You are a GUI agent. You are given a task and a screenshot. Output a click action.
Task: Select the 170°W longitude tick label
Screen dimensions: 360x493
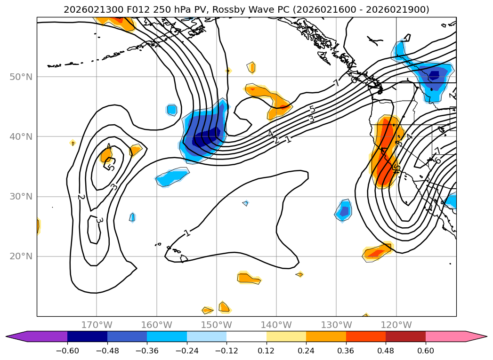tap(97, 325)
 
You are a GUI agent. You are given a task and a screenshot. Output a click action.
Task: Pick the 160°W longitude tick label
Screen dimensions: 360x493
tap(156, 325)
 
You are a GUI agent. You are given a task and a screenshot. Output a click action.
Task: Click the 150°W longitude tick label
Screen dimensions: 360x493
tap(216, 325)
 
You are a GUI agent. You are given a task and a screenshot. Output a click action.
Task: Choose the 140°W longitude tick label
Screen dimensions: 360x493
tap(276, 325)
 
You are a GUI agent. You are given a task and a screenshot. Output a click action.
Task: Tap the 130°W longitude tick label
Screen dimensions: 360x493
tap(336, 325)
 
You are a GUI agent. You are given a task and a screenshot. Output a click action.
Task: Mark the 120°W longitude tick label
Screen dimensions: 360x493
tap(396, 325)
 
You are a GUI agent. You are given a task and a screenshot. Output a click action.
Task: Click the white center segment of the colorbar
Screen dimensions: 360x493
tap(246, 336)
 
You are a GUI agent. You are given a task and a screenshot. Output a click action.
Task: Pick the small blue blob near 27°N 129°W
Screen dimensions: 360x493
tap(344, 210)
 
